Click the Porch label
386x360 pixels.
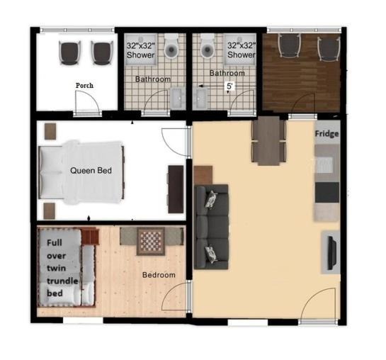click(84, 86)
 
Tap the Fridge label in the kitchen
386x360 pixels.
click(327, 134)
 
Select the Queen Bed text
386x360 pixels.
click(91, 170)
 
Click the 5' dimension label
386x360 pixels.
click(229, 86)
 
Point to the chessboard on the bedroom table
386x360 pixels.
click(151, 241)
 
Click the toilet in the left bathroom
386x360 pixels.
click(171, 46)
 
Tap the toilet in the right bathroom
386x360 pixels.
click(208, 46)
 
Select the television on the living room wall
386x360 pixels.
click(331, 253)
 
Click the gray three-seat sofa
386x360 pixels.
click(211, 227)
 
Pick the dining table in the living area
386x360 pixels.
click(268, 141)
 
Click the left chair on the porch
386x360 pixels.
click(70, 52)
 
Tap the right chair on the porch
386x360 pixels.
click(102, 52)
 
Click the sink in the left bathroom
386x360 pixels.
click(178, 98)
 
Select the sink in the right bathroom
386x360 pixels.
click(200, 98)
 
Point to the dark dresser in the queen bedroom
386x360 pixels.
click(176, 189)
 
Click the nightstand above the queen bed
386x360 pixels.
click(50, 131)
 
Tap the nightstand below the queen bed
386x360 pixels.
click(50, 211)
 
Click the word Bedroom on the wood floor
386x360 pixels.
click(159, 275)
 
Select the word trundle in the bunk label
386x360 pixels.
click(62, 281)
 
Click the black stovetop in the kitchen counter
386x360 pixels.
click(327, 192)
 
